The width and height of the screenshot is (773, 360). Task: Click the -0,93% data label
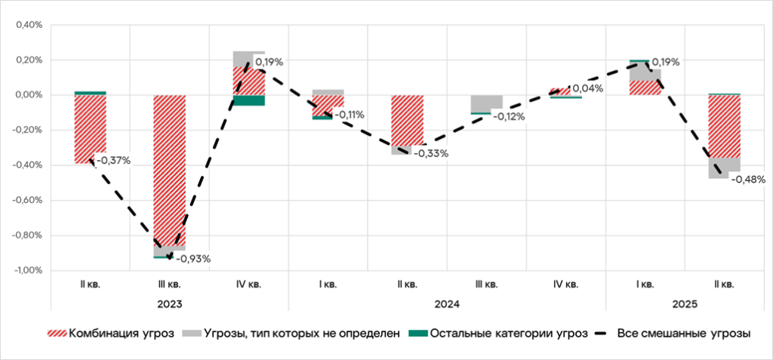(x=193, y=259)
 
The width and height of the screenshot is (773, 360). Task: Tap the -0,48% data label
(x=748, y=180)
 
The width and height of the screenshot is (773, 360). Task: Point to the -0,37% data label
(x=114, y=160)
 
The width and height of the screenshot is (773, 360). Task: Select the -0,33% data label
(x=431, y=153)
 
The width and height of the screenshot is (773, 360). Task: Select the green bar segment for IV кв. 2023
(x=248, y=100)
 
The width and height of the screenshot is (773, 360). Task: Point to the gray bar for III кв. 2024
(x=487, y=103)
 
